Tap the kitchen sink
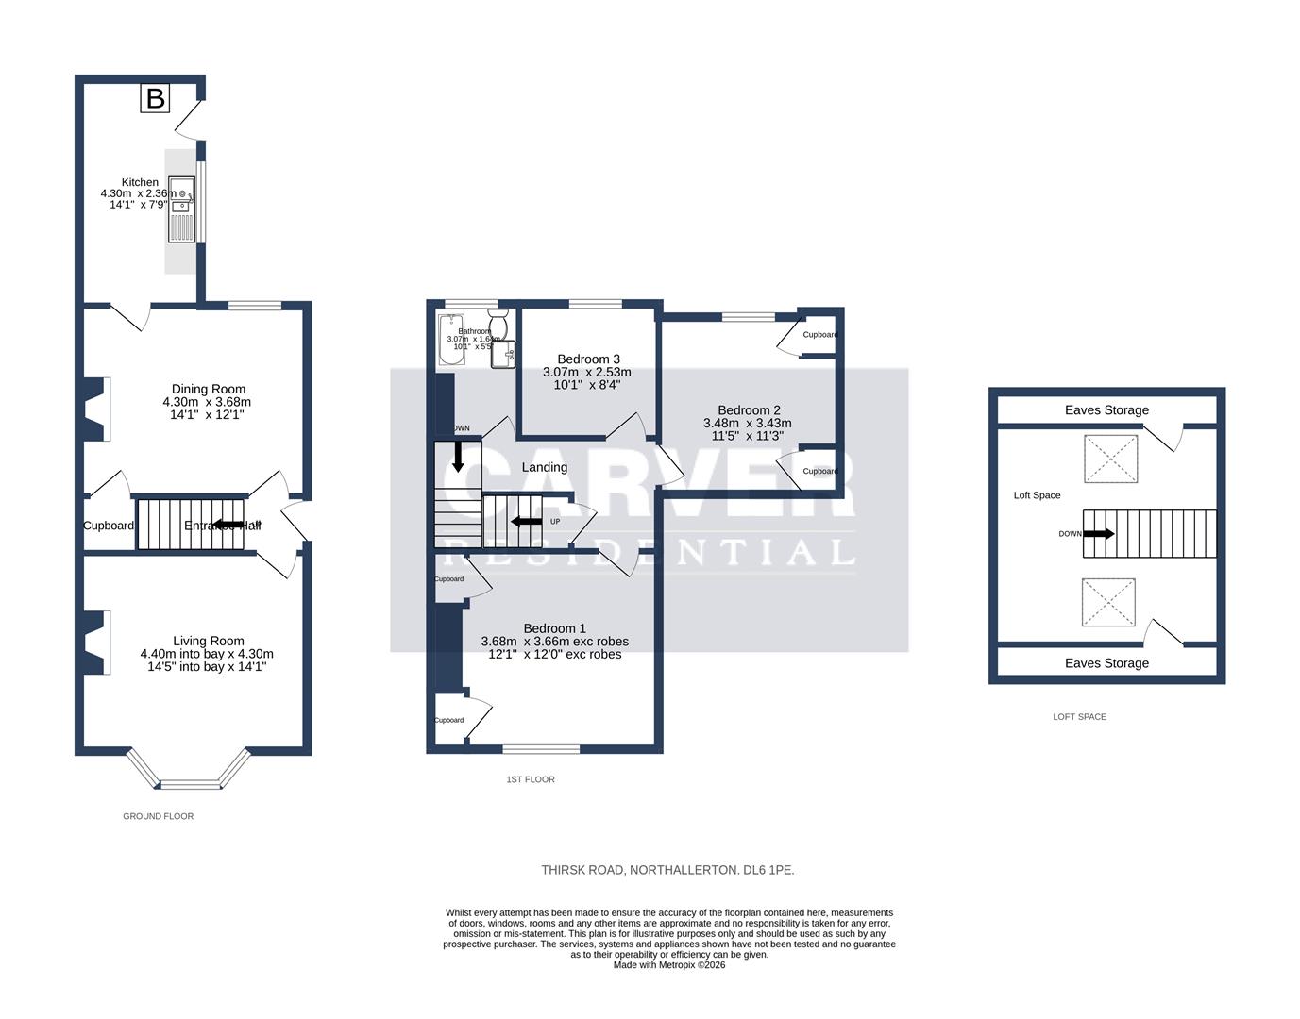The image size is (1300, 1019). coord(181,209)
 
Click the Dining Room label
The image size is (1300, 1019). coord(208,389)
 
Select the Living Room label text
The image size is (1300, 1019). coord(208,641)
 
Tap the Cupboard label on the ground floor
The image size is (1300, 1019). coord(109,526)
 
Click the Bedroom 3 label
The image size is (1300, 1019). coord(588,359)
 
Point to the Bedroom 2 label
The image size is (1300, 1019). coord(749,409)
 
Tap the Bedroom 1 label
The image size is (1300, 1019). coord(555,628)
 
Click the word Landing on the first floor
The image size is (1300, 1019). coord(545,467)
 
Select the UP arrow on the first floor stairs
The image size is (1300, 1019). coord(522,521)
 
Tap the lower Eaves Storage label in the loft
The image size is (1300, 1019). coord(1106,663)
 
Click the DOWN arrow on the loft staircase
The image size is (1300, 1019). coord(1098,533)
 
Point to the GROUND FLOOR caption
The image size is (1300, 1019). coord(158,816)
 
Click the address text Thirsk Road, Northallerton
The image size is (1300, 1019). coord(667,870)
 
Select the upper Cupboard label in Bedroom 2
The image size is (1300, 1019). coord(819,335)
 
